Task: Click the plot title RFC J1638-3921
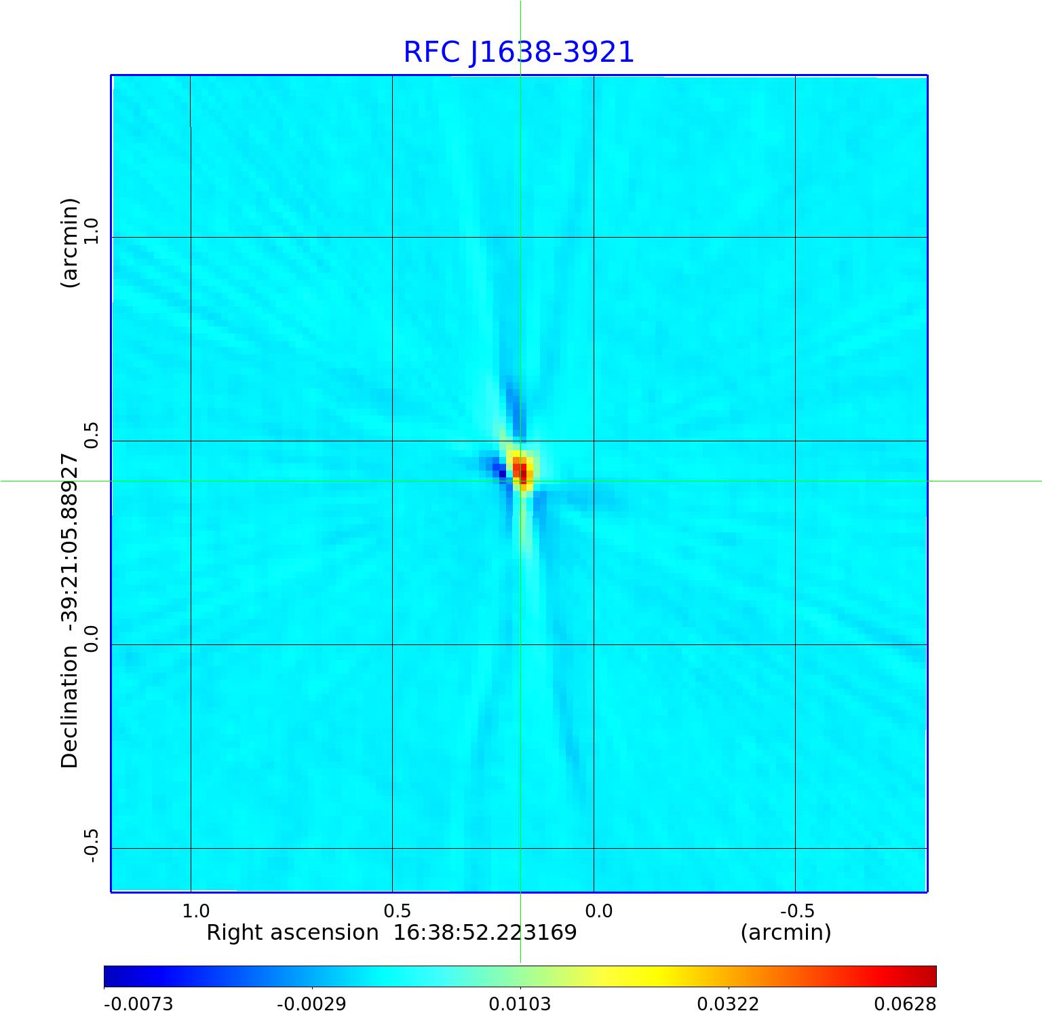[x=519, y=52]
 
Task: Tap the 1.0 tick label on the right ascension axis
[x=196, y=911]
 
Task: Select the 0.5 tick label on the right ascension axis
[x=398, y=911]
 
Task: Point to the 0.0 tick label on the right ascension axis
[x=599, y=911]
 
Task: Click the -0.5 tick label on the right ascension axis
[x=797, y=911]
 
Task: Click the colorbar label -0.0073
[x=138, y=1004]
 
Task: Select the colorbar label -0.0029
[x=312, y=1004]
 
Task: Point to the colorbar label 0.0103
[x=520, y=1004]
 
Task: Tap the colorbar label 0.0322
[x=729, y=1004]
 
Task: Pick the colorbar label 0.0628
[x=905, y=1004]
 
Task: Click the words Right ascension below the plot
[x=292, y=933]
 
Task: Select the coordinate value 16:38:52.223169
[x=485, y=933]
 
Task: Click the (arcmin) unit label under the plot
[x=786, y=933]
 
